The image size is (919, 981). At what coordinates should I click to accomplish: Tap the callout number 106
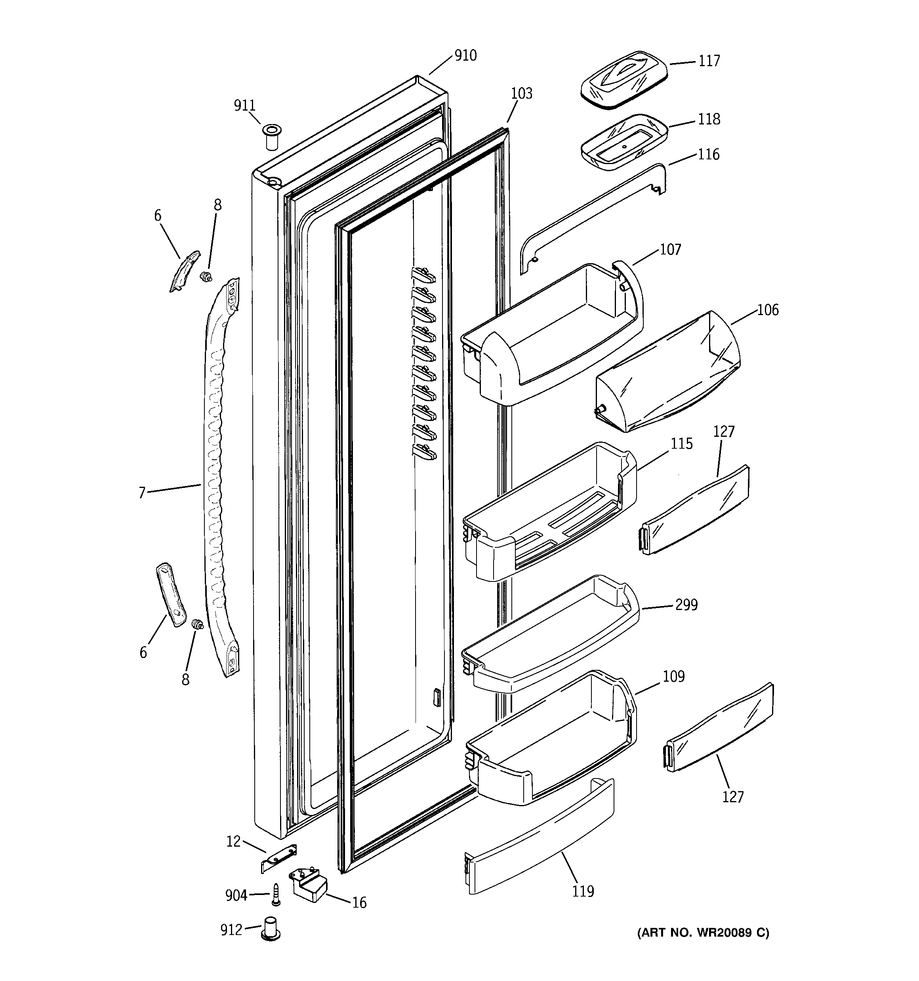click(x=768, y=310)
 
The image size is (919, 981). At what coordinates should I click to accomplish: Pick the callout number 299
click(x=686, y=604)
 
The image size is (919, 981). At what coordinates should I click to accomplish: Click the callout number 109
click(x=673, y=676)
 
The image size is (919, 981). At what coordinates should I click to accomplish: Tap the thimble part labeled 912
click(x=271, y=929)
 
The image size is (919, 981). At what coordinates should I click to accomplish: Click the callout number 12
click(x=233, y=841)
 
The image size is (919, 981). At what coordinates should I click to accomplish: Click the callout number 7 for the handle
click(x=141, y=492)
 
